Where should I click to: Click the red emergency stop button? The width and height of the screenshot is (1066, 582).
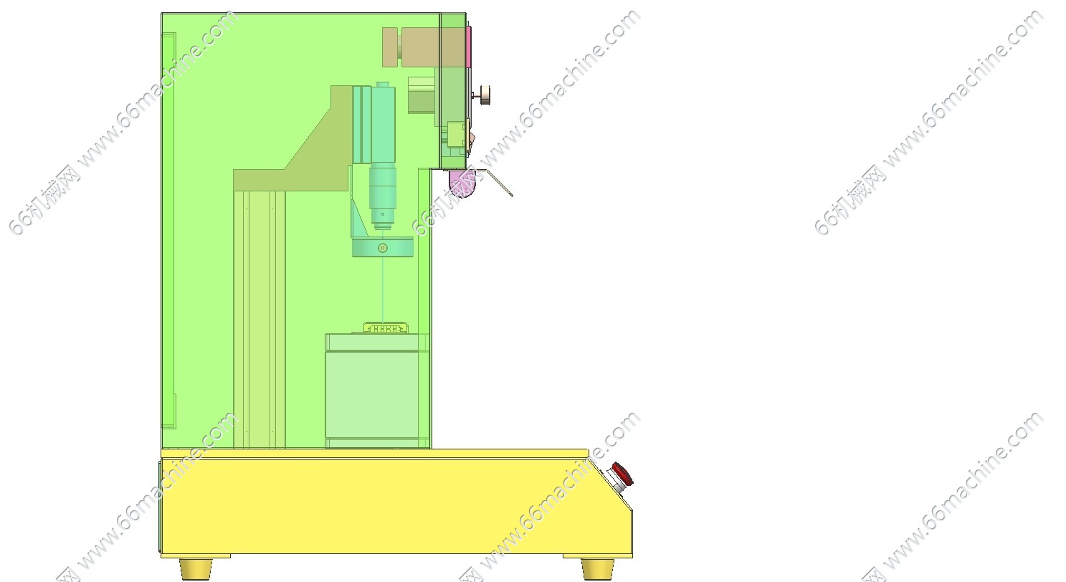click(622, 474)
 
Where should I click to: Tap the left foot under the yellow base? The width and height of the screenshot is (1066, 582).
click(196, 569)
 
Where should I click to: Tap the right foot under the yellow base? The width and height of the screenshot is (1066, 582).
click(598, 569)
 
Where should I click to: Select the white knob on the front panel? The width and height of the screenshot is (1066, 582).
click(485, 95)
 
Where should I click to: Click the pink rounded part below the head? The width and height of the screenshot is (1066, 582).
click(462, 183)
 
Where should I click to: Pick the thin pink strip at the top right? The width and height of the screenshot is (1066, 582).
click(469, 47)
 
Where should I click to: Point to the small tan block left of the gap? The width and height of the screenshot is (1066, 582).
click(390, 47)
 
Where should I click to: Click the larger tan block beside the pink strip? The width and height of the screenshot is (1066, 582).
click(433, 47)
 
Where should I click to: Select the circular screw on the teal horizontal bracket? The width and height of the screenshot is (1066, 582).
click(383, 248)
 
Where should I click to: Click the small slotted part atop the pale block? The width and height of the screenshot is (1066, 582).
click(386, 328)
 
